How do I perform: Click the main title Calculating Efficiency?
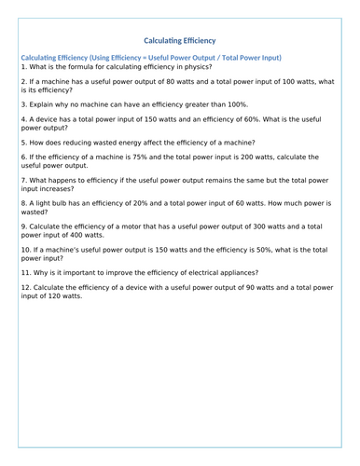[180, 41]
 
